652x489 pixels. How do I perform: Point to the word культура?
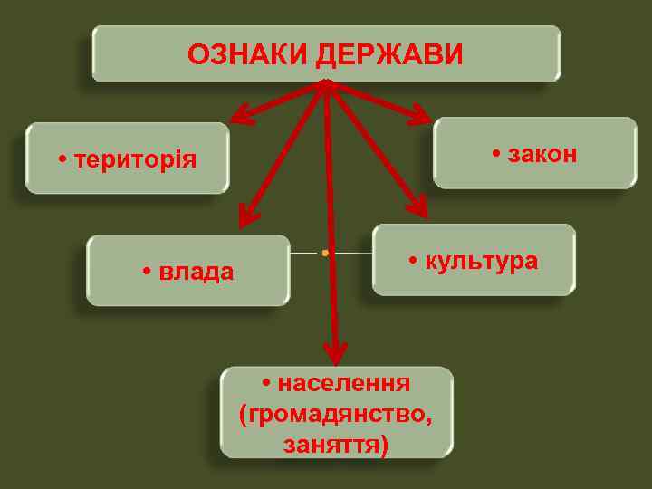click(481, 261)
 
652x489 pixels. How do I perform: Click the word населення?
click(344, 383)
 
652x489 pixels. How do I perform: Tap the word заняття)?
click(335, 445)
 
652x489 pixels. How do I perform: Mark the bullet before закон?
click(497, 155)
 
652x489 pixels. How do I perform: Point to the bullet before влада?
click(148, 273)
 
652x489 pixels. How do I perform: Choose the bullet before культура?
click(413, 262)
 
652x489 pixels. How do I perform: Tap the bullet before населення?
click(267, 384)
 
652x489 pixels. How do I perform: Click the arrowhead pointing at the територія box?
click(241, 115)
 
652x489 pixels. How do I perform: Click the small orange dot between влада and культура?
click(324, 252)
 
